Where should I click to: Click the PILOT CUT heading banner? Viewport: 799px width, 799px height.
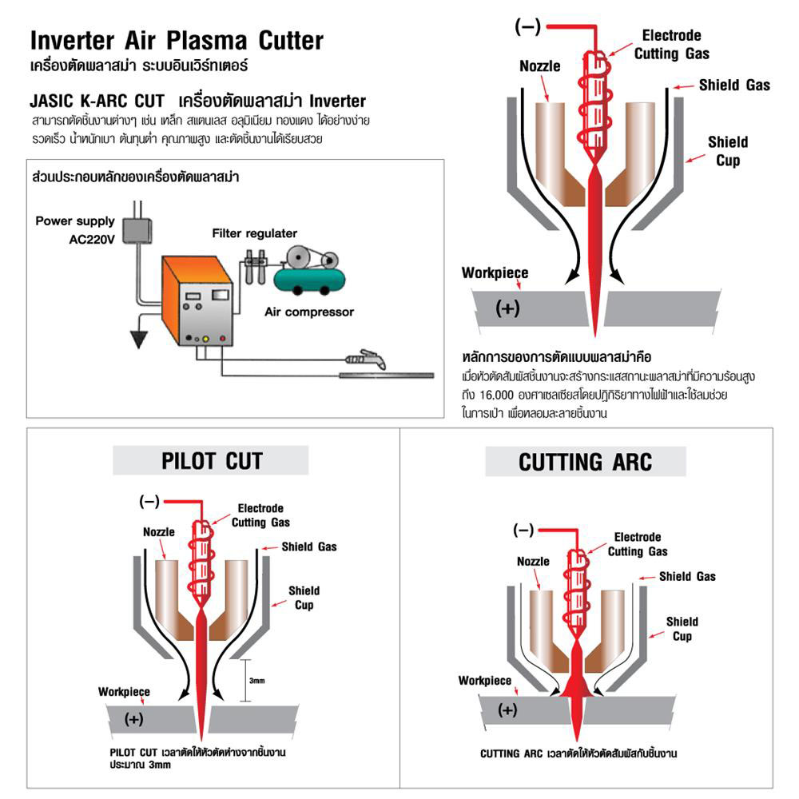211,460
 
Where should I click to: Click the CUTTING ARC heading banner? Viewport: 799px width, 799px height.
586,462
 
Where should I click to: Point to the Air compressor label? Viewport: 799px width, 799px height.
308,312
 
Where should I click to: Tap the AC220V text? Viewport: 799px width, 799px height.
92,238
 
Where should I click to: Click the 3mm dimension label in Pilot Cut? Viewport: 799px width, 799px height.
256,681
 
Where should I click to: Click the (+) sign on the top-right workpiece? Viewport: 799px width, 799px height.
507,308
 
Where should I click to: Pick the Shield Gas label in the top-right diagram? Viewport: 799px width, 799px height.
734,85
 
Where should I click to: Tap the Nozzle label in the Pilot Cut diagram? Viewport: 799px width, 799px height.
158,532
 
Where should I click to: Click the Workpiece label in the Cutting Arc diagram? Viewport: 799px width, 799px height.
484,681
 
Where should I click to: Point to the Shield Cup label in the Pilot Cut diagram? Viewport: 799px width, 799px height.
304,598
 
